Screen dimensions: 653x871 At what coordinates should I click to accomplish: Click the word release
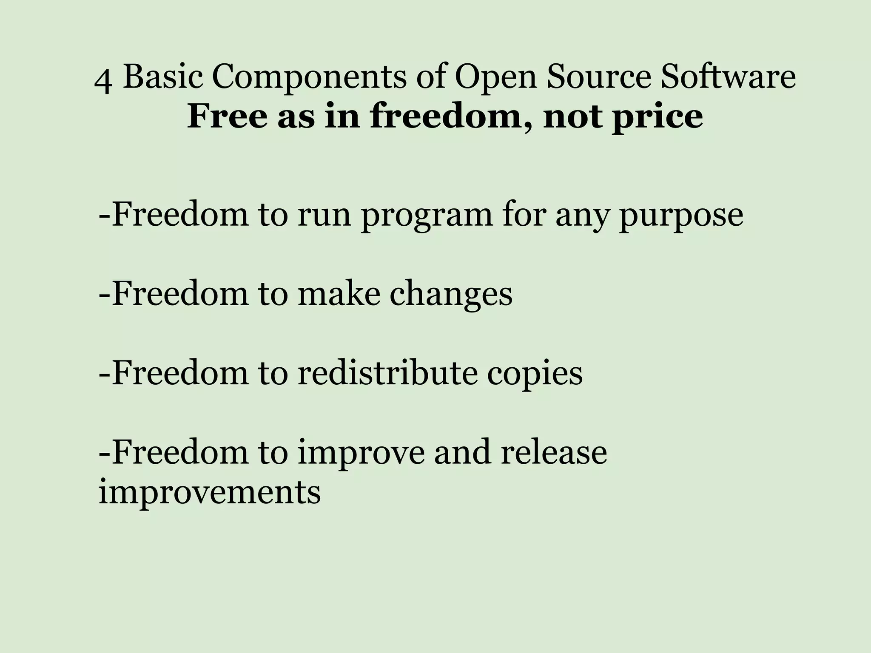click(x=554, y=452)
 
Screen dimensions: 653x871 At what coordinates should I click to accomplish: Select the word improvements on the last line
click(x=210, y=493)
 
